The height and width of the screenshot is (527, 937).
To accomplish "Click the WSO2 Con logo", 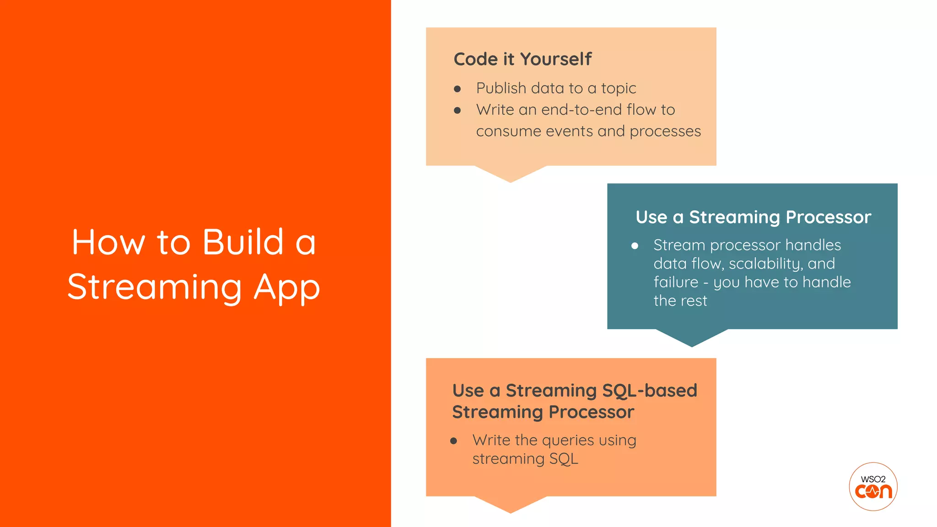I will [873, 486].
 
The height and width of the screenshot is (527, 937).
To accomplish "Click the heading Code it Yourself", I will [522, 59].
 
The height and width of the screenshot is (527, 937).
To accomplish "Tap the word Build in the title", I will [243, 242].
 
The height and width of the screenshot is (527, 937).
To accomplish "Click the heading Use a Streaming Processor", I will [753, 217].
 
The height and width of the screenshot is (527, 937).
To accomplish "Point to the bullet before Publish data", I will [457, 89].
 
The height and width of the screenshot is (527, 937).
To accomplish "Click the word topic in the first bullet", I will [618, 88].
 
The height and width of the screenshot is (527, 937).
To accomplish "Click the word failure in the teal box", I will [675, 282].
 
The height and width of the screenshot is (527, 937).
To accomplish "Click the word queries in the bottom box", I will [568, 441].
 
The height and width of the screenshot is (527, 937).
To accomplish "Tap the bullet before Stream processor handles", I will [635, 246].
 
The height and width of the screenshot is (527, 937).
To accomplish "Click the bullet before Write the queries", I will [453, 441].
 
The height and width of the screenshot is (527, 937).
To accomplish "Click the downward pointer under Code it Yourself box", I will [511, 174].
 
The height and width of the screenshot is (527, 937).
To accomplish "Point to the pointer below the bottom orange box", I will [511, 505].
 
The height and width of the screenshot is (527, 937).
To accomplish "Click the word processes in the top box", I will [665, 132].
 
